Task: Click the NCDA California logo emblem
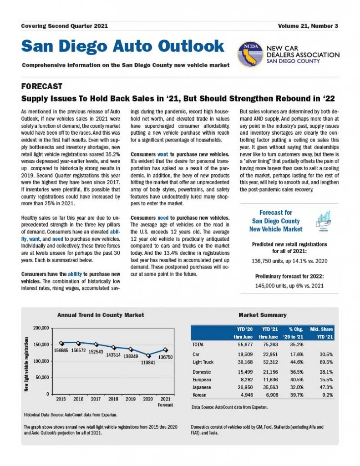[251, 54]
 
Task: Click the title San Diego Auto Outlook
[123, 46]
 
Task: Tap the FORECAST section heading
[42, 86]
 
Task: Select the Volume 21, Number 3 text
[308, 26]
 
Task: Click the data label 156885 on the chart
[61, 350]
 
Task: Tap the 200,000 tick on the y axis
[40, 328]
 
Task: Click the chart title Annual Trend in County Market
[101, 315]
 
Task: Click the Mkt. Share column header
[321, 328]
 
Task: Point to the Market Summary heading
[263, 315]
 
